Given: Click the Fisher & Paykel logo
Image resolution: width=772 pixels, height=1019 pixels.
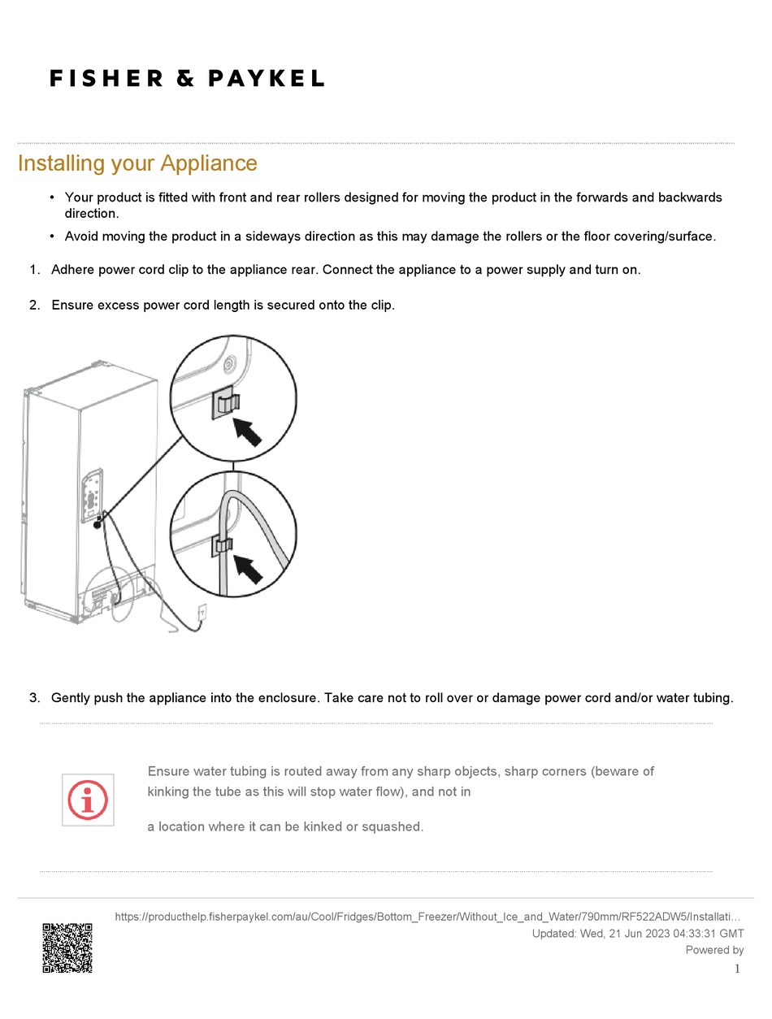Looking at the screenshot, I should click(187, 78).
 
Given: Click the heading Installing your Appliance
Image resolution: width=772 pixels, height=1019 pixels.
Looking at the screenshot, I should click(137, 163).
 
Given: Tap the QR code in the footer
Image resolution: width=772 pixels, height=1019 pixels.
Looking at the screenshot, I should click(67, 947).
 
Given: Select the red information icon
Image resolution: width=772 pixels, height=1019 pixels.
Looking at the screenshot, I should click(88, 800).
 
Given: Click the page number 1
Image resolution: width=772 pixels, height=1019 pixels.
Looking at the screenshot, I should click(737, 969).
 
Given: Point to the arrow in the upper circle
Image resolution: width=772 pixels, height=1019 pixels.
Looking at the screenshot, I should click(249, 429).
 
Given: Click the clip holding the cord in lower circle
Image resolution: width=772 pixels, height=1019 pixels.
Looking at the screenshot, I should click(222, 545).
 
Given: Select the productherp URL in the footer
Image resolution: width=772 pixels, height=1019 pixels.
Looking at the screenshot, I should click(427, 917).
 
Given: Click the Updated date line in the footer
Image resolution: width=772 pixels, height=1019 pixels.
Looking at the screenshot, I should click(637, 934).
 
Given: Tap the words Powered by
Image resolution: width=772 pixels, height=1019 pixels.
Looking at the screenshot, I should click(714, 950).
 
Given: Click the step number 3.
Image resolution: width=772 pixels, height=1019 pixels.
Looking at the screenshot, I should click(34, 697).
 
